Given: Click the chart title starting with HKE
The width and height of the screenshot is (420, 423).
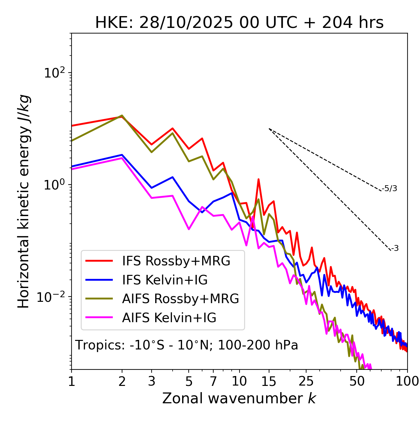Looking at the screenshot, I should [x=239, y=23].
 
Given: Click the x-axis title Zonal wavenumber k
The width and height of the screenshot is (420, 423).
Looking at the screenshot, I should [x=239, y=398].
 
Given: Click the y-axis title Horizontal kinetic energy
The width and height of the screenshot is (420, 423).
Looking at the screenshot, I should [x=24, y=201].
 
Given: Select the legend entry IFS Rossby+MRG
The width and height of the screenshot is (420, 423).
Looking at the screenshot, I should [x=176, y=261].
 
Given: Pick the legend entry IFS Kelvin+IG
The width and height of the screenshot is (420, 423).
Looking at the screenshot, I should [x=165, y=280].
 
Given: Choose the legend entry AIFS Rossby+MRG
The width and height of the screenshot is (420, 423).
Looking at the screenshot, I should [x=180, y=299].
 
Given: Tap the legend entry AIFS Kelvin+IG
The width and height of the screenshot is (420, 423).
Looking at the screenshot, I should [x=169, y=318].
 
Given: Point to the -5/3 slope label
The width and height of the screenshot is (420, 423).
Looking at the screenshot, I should [x=389, y=189].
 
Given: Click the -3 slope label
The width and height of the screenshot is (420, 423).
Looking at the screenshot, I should [x=395, y=249].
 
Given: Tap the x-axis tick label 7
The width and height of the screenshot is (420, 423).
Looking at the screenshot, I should [x=213, y=381].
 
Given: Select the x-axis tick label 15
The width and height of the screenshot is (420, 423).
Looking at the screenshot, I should [x=269, y=381].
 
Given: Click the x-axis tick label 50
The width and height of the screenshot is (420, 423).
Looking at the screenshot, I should [x=357, y=381].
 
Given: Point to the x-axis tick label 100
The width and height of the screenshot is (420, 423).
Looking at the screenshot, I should [x=407, y=381].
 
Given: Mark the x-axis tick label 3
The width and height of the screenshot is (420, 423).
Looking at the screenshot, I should [x=152, y=381].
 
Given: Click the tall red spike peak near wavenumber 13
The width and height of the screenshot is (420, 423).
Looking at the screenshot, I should [x=259, y=179].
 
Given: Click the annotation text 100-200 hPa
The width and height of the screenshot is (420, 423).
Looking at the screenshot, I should [x=258, y=345].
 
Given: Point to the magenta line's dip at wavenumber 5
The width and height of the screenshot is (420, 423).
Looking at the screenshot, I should [x=189, y=229].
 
